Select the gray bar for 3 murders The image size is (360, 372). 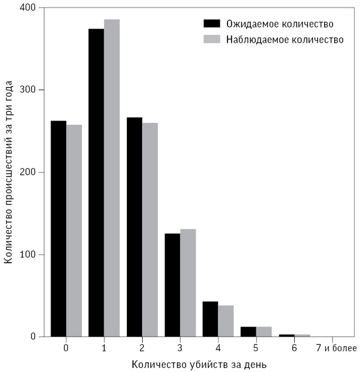click(x=188, y=283)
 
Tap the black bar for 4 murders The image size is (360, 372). click(x=210, y=319)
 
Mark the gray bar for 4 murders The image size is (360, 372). click(x=226, y=321)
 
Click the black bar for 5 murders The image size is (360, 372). click(x=248, y=332)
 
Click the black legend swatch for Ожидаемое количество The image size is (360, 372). click(x=212, y=24)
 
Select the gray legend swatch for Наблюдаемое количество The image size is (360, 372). click(x=212, y=39)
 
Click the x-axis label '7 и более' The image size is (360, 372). click(x=336, y=348)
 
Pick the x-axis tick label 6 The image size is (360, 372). click(x=294, y=348)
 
